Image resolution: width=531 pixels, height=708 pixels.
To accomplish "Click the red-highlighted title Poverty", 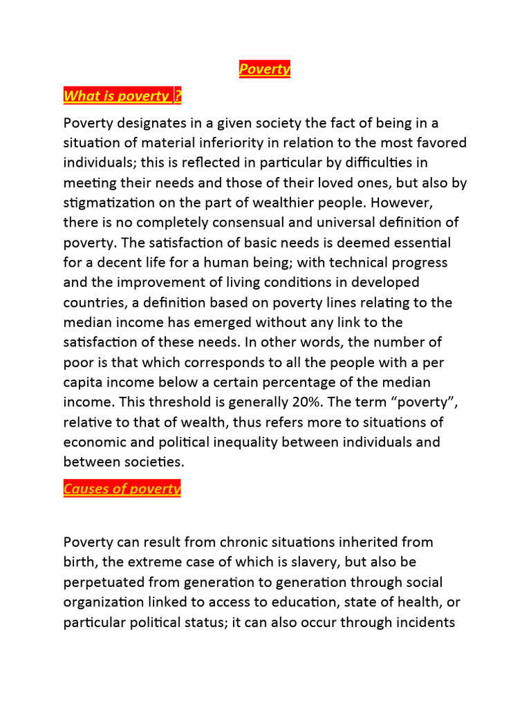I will click(265, 69).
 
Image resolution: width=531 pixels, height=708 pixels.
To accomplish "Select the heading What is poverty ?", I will click(122, 96).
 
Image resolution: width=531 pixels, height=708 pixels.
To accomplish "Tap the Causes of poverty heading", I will click(122, 490).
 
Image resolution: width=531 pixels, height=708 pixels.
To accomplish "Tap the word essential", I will click(413, 243).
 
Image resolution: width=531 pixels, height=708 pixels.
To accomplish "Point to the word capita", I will click(85, 382).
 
